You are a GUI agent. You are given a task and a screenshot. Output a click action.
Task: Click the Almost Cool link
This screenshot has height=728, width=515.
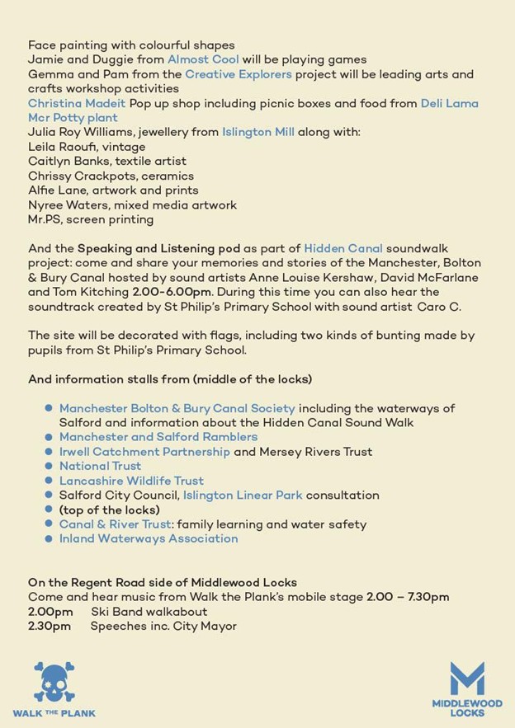[x=203, y=60]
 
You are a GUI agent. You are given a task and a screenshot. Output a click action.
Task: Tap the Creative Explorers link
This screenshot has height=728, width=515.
[x=239, y=74]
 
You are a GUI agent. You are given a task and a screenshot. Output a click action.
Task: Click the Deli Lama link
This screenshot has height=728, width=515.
[x=449, y=103]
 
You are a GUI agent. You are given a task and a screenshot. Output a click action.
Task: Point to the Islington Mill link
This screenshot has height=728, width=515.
[x=257, y=132]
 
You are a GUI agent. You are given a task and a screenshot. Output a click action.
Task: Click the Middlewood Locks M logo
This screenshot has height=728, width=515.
[x=466, y=679]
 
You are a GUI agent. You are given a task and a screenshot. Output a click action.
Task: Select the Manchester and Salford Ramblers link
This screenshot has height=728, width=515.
[x=158, y=437]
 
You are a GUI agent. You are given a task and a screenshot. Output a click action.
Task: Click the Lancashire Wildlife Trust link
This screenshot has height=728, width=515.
[x=131, y=481]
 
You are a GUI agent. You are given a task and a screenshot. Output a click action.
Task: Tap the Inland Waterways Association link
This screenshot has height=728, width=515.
[x=149, y=538]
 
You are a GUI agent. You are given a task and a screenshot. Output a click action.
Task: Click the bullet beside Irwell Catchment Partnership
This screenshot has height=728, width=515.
[x=50, y=452]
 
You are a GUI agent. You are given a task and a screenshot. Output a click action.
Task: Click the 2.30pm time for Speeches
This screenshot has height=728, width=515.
[x=50, y=627]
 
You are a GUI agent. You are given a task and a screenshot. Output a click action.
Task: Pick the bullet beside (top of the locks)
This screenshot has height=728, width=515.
[x=50, y=510]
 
